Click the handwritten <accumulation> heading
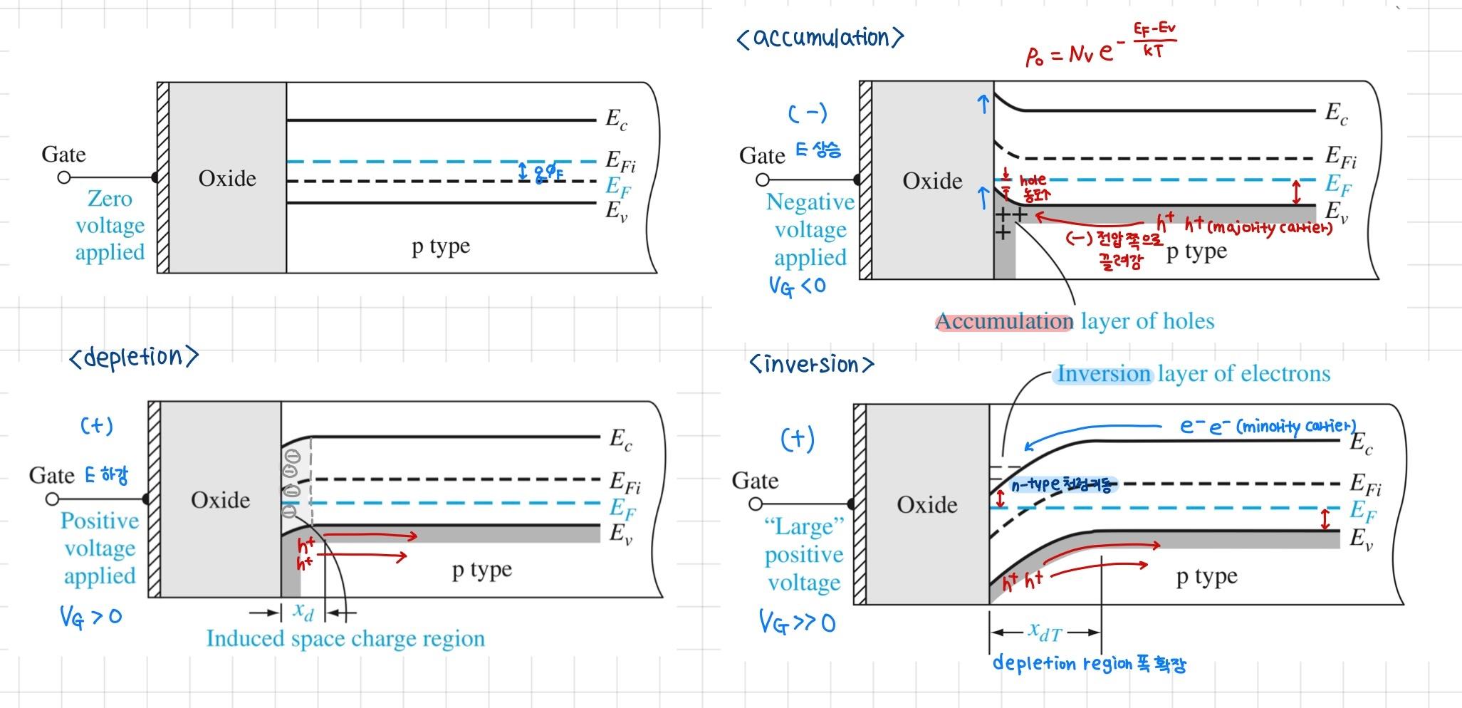pos(820,37)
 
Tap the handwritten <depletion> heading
pos(134,357)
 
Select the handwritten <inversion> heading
pos(811,365)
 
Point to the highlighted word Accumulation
pos(1003,321)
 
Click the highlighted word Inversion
pos(1103,374)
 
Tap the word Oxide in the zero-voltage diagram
pos(227,178)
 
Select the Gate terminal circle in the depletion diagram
pos(52,499)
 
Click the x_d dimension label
pos(303,610)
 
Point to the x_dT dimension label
pos(1045,631)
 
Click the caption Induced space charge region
pos(345,638)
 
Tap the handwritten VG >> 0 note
pos(797,623)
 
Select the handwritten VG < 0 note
pos(797,286)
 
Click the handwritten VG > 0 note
pos(90,616)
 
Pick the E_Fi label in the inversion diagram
pos(1365,484)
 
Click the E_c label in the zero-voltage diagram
pos(616,119)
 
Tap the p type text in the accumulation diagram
pos(1196,251)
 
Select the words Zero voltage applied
pos(110,225)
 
